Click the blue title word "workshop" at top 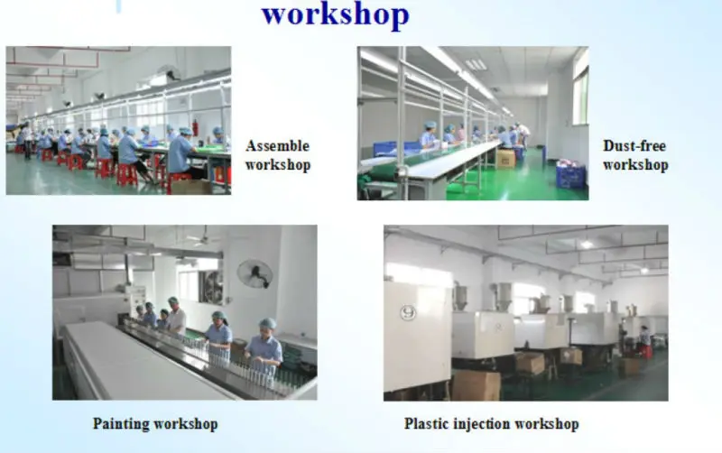click(x=335, y=15)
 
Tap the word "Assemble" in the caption click(x=277, y=146)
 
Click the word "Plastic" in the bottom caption click(x=428, y=423)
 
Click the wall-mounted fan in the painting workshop click(x=255, y=273)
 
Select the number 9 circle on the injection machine click(x=407, y=312)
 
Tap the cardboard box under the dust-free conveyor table click(x=505, y=158)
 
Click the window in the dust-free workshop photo click(x=580, y=95)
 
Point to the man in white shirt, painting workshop click(x=176, y=317)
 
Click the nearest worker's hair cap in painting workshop click(x=268, y=323)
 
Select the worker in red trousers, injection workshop click(x=645, y=344)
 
